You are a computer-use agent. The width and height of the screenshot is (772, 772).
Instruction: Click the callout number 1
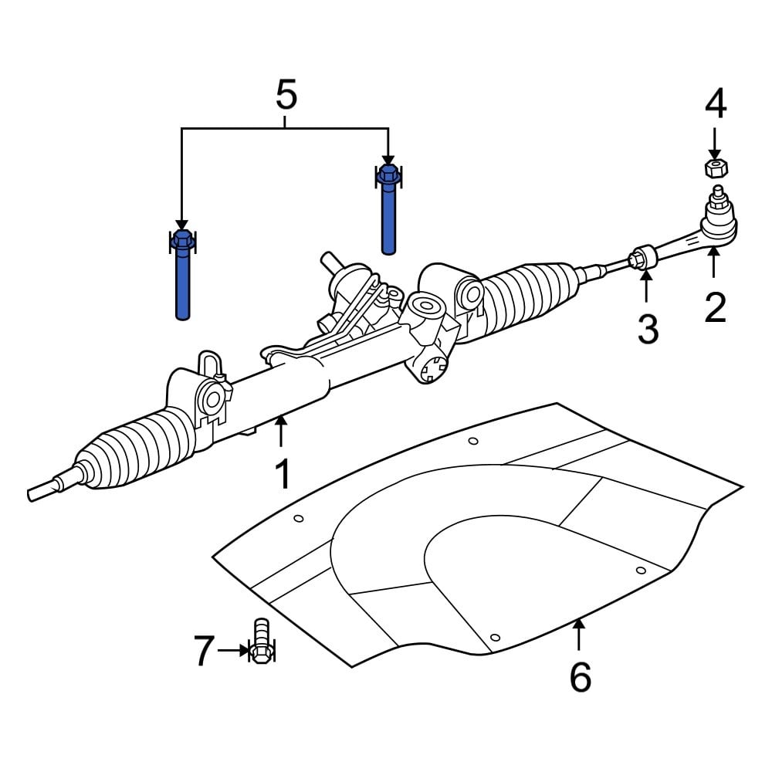coord(283,474)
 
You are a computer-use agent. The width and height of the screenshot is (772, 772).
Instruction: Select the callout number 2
coord(715,307)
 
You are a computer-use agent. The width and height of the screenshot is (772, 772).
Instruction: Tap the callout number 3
coord(647,329)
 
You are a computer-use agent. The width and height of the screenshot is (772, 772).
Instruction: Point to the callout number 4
coord(715,104)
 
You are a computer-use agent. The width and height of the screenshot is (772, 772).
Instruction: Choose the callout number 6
coord(580,677)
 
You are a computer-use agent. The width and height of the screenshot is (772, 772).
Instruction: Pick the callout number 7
coord(202,652)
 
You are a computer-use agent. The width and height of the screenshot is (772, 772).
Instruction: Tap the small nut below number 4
coord(716,168)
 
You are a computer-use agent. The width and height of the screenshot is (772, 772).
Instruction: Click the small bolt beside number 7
coord(261,641)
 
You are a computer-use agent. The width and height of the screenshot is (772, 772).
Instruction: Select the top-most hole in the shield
coord(473,442)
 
